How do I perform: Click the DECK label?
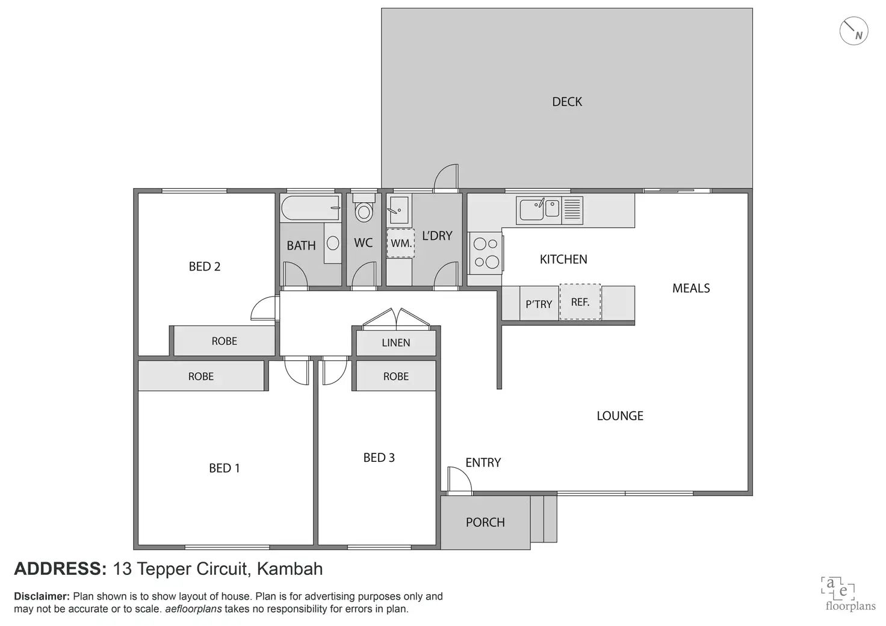[567, 102]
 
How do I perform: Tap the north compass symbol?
[853, 31]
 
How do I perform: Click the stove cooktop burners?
[486, 253]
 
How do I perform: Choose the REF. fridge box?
[580, 302]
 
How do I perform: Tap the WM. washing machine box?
[400, 244]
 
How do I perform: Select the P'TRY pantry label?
[539, 304]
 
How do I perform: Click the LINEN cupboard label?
[396, 343]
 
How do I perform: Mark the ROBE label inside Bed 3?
[396, 376]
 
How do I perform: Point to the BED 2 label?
[205, 266]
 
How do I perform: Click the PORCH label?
[485, 523]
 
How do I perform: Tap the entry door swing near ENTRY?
[459, 479]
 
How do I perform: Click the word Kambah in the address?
[290, 569]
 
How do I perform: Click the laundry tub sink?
[398, 209]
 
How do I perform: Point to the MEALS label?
[691, 289]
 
